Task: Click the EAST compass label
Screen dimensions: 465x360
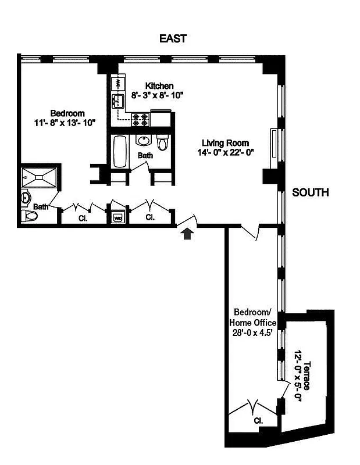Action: (173, 39)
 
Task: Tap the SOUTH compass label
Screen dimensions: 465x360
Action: (311, 192)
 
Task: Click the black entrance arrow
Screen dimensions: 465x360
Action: (187, 234)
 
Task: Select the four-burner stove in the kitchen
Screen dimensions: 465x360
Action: (140, 119)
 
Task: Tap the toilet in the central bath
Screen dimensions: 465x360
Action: (162, 141)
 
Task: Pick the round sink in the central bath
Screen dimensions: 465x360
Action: (144, 140)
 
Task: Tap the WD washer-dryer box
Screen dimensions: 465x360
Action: (117, 217)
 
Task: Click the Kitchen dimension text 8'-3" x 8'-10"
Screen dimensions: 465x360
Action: (157, 95)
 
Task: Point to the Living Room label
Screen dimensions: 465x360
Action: (226, 143)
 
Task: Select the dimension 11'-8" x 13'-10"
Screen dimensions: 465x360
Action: (65, 122)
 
